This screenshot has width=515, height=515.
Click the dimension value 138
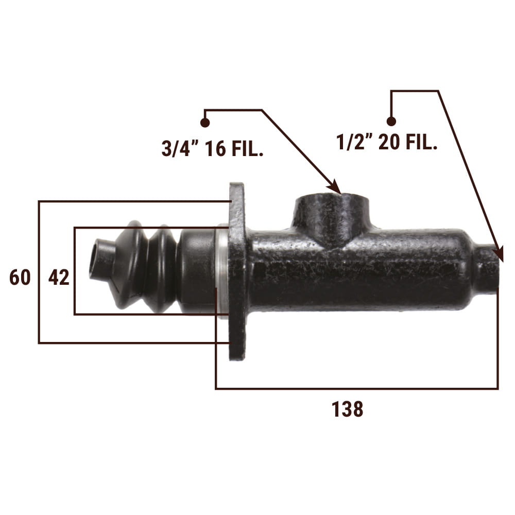pos(347,409)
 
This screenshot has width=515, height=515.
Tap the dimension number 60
pos(20,277)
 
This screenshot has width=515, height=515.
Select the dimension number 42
pos(59,277)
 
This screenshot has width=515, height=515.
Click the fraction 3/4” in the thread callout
pos(180,148)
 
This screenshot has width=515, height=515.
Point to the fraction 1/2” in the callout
pos(355,142)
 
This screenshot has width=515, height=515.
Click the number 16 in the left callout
pos(216,148)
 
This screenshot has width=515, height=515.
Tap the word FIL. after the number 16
pos(247,148)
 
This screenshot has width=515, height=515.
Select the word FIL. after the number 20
pos(421,142)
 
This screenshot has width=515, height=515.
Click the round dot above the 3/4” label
pos(205,123)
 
